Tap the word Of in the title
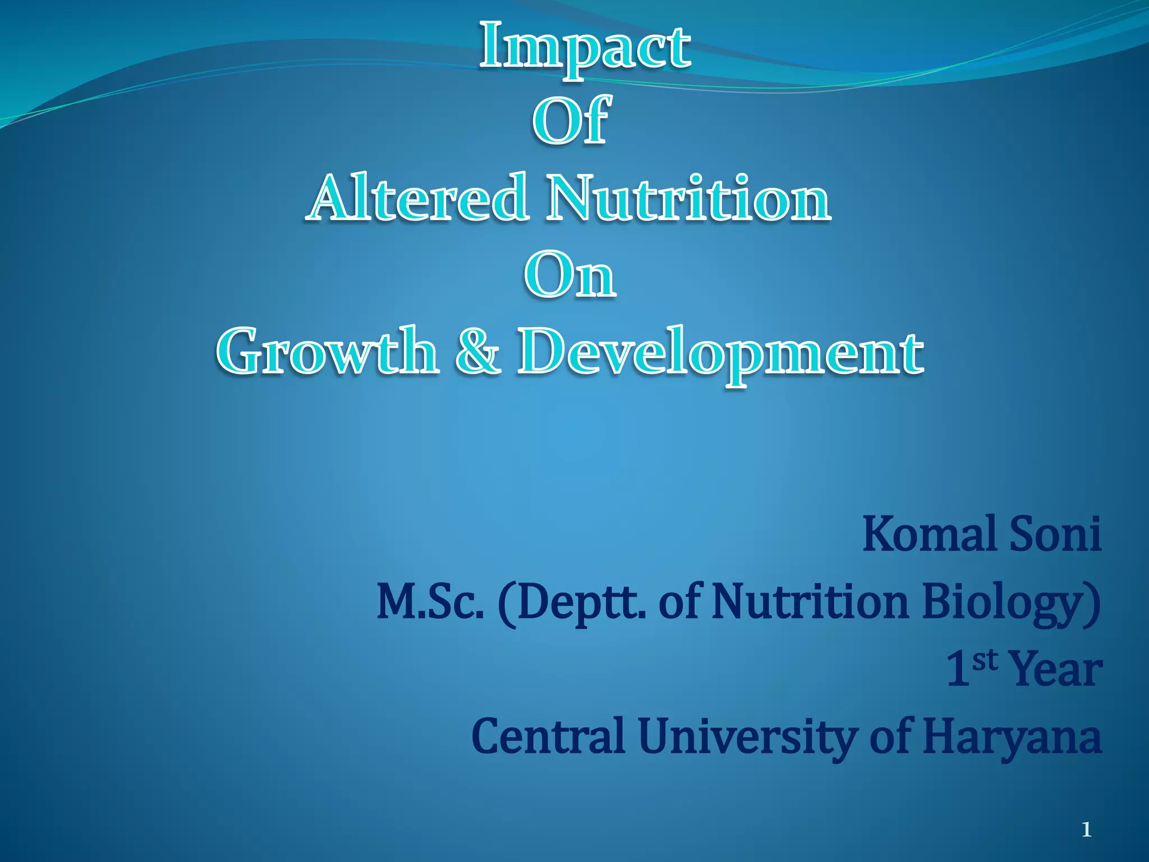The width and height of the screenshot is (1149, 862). point(571,120)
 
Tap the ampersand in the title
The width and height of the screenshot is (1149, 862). point(477,352)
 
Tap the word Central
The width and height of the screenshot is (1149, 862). point(549,736)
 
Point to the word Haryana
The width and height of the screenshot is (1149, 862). point(1012,736)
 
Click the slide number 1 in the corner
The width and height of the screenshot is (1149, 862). point(1087,829)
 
